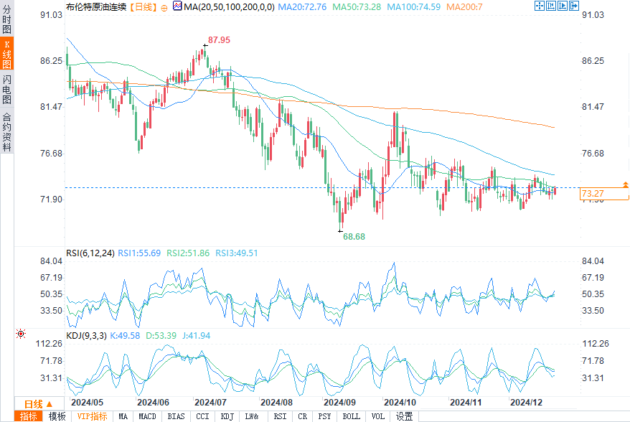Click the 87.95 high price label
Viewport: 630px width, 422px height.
(219, 40)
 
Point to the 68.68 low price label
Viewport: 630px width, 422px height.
(354, 236)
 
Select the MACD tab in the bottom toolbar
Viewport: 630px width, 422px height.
(147, 416)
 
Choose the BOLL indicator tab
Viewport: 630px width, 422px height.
(351, 416)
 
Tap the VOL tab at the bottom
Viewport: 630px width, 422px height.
(377, 416)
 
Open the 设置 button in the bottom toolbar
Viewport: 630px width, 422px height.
(404, 416)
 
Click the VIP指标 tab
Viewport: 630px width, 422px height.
(92, 416)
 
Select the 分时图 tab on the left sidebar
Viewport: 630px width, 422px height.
(6, 22)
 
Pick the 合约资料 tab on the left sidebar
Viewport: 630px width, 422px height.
(6, 131)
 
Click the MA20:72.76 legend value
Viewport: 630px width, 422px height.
(302, 6)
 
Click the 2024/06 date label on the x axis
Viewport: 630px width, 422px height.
(153, 403)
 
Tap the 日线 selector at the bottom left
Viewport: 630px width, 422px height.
(34, 404)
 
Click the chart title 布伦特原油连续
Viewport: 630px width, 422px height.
(96, 6)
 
